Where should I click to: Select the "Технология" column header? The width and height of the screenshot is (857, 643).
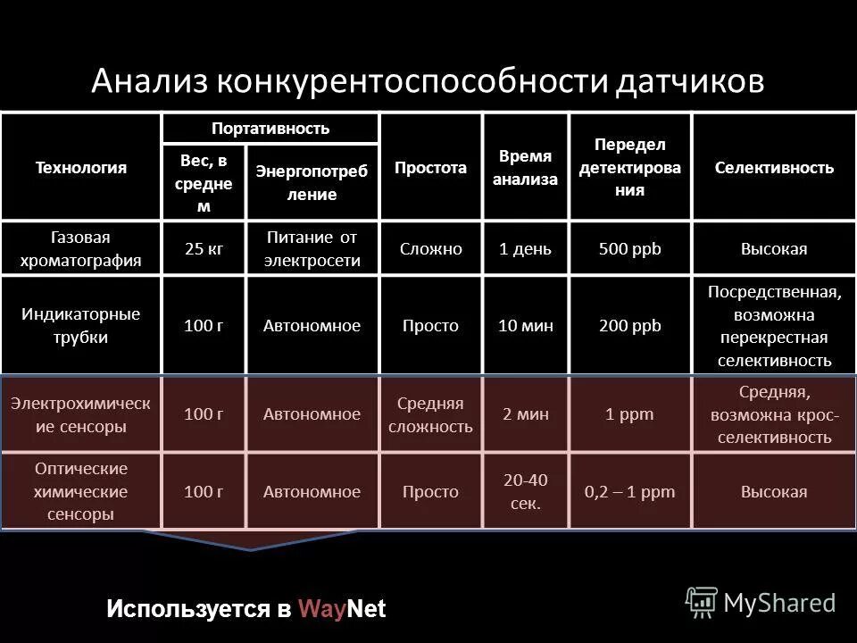pos(80,167)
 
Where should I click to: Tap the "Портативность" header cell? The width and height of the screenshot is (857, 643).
pos(270,128)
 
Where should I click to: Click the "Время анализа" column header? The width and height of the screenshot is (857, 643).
pos(526,167)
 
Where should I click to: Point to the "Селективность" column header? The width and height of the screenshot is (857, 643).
pos(774,167)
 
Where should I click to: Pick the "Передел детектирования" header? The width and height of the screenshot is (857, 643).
pos(629,167)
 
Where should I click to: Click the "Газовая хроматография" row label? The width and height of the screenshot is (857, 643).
pos(80,248)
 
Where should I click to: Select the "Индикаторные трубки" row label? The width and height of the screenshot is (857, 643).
pos(80,326)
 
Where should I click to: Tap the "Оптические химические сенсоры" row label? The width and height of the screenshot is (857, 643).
pos(80,491)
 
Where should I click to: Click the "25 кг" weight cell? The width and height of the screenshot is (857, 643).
pos(203,249)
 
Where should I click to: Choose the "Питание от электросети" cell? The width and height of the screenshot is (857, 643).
pos(312,248)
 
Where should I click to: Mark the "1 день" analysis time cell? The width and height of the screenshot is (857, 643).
pos(525,249)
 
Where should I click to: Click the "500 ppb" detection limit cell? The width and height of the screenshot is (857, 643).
pos(629,249)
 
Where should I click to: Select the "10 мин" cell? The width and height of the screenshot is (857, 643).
pos(525,326)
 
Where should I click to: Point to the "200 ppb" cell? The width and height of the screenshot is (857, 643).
pos(629,326)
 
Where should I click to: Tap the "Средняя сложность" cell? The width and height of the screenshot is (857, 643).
pos(429,414)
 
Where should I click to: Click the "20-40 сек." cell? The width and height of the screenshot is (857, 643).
pos(525,491)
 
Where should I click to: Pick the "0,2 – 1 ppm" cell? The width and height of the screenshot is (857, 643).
pos(629,492)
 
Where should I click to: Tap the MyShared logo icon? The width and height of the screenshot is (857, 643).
pos(702,603)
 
